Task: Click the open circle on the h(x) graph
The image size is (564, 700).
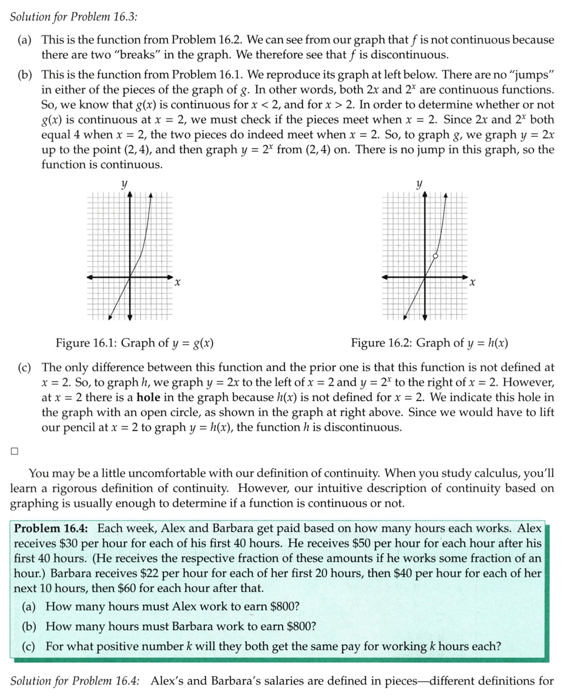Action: pos(435,256)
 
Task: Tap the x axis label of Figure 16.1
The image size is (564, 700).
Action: pos(177,283)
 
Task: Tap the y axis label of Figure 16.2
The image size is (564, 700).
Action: pos(419,184)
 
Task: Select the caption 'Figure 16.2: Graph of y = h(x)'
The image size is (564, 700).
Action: pos(429,343)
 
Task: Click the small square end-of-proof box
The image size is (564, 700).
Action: pos(14,451)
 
